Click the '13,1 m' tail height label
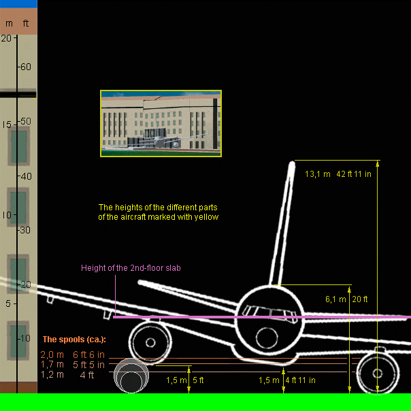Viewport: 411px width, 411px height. point(317,174)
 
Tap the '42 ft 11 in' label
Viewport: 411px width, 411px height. point(354,174)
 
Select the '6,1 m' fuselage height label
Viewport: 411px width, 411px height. point(336,299)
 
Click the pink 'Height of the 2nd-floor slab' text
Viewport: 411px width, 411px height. point(131,268)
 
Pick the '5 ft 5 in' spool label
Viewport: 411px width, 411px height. point(88,365)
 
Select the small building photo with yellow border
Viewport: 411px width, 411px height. point(161,123)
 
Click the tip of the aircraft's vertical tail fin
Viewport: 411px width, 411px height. point(293,164)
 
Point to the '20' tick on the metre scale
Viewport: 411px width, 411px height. point(5,38)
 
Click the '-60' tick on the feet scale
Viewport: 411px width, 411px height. point(25,66)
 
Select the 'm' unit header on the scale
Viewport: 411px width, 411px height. point(9,23)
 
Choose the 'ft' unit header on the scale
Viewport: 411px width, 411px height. point(26,23)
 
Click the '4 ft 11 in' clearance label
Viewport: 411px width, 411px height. point(300,380)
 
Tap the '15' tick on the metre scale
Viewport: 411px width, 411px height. point(5,124)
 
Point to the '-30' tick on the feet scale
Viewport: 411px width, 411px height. point(25,230)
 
